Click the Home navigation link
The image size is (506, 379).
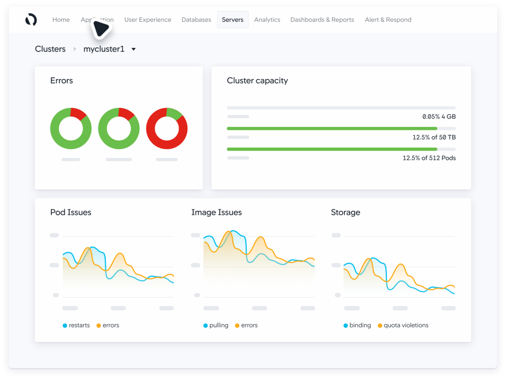61,20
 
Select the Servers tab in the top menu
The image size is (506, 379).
232,20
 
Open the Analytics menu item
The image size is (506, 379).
267,20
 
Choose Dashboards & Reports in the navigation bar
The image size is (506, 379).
322,20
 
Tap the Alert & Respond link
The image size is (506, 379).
388,20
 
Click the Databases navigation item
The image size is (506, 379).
196,20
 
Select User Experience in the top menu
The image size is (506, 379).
148,20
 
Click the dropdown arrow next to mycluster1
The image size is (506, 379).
133,49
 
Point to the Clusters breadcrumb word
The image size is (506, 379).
50,49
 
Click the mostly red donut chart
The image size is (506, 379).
167,128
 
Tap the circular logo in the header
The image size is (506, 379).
31,20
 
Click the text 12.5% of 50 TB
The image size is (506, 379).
434,137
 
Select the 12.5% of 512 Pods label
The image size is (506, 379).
429,158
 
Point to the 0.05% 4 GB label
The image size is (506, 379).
439,116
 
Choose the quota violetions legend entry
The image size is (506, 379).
405,325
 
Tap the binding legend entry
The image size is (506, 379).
359,325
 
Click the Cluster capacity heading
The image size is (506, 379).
257,80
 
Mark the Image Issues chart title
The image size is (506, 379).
216,212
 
